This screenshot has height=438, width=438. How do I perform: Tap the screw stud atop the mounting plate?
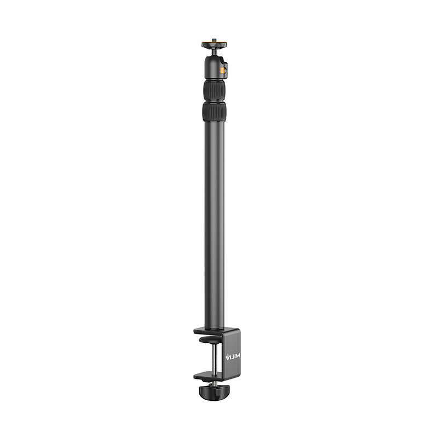pyautogui.click(x=214, y=39)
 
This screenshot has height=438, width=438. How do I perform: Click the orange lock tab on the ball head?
pyautogui.click(x=222, y=70)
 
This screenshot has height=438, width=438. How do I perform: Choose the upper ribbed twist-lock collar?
pyautogui.click(x=214, y=91)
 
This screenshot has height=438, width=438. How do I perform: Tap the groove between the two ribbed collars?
pyautogui.click(x=214, y=101)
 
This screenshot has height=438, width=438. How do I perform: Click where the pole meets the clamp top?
pyautogui.click(x=214, y=328)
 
